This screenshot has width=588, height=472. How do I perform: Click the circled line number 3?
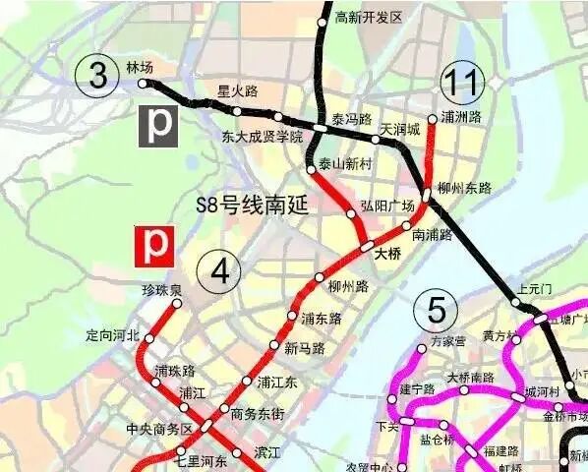(x=98, y=78)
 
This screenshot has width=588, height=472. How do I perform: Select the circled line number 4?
(x=218, y=269)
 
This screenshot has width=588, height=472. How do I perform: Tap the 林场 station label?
(x=140, y=67)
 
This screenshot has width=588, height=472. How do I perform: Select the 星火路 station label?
(x=237, y=91)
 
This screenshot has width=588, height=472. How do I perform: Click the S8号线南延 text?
(x=253, y=206)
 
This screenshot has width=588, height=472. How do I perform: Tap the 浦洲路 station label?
(x=461, y=117)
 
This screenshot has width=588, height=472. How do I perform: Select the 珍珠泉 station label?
(x=161, y=290)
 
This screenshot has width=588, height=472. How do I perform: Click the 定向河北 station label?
(x=113, y=335)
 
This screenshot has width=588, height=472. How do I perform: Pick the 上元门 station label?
(x=535, y=289)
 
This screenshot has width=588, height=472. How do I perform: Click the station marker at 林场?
(x=142, y=83)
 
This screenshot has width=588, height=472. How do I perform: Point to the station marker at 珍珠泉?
(x=177, y=304)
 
